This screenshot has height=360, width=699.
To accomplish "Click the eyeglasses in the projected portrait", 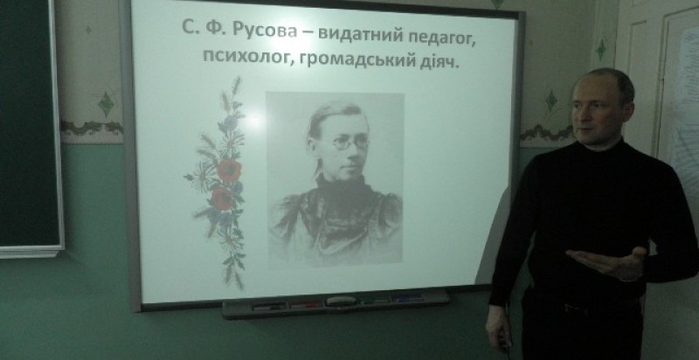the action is click(350, 143).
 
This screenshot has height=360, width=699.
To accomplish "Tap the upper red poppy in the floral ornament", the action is click(230, 171).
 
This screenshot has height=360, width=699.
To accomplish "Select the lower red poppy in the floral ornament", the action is click(222, 198).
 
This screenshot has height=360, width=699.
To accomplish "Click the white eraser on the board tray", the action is click(341, 301).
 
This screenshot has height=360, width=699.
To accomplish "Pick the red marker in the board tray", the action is click(305, 305).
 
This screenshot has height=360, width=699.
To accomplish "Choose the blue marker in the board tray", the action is click(408, 298).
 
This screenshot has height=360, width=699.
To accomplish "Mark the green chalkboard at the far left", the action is click(29, 125).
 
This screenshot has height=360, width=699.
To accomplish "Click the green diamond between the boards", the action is click(107, 104).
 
